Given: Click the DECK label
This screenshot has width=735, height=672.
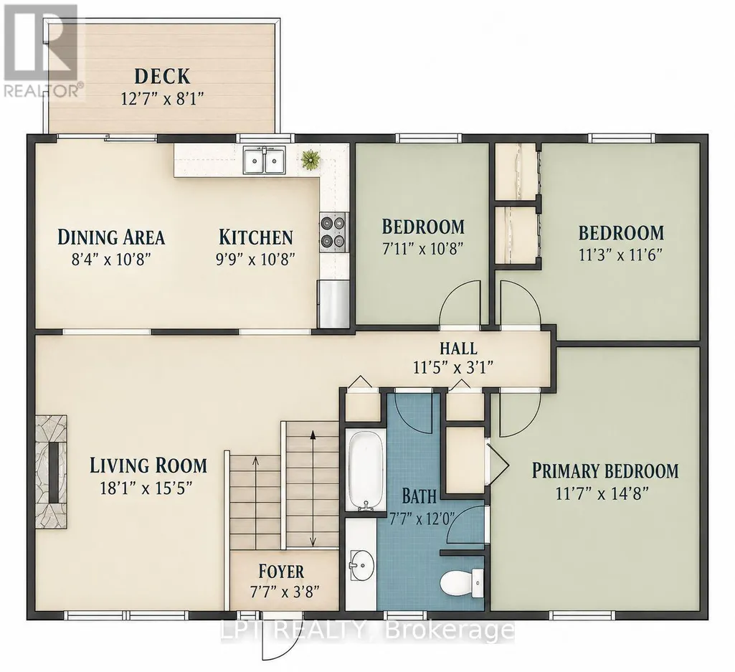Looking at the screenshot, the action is tap(162, 76).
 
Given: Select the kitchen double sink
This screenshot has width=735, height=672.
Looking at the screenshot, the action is tap(265, 161).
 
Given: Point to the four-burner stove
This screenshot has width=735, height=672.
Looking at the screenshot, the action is tap(333, 232).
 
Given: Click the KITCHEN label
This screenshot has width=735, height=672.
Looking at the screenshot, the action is tap(256, 237).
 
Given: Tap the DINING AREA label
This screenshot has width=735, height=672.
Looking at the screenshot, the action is tap(111, 237).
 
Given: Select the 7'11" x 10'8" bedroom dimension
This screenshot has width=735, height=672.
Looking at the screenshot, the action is tap(423, 249).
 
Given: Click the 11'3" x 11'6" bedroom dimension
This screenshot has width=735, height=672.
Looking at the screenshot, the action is tap(620, 255).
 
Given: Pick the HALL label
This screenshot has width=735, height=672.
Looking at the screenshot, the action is tap(458, 349).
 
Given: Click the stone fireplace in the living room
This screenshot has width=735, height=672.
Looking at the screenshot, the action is tap(51, 472).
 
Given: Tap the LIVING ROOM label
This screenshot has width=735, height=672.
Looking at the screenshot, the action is tap(148, 465).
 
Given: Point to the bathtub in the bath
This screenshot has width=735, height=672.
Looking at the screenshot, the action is tap(361, 470).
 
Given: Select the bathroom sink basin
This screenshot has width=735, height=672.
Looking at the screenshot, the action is tap(361, 565).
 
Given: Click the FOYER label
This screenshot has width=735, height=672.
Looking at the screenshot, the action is tap(281, 572).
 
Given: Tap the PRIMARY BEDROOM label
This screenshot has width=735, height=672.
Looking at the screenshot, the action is tap(605, 470).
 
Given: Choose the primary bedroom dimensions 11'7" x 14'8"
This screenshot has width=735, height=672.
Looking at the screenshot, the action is tap(602, 493).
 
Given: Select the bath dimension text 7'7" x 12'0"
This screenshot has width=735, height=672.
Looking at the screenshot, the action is tap(422, 518).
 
